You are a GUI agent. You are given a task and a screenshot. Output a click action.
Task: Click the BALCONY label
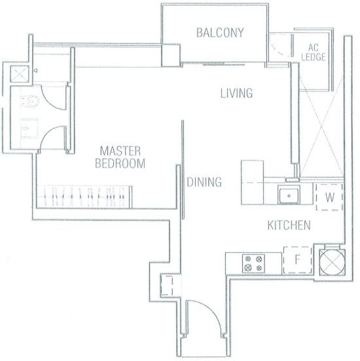220,33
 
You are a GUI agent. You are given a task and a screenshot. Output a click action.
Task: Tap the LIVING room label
236,93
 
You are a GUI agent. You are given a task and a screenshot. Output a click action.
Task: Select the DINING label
204,182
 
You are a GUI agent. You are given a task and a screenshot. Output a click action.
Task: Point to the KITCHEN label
289,225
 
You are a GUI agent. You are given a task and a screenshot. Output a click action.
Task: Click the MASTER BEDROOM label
120,157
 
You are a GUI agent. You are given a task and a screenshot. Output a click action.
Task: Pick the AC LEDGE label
314,52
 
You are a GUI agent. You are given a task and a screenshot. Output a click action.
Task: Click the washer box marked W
330,197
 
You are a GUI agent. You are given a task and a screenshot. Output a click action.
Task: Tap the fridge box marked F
297,260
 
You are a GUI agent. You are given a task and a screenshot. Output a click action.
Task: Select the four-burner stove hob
253,263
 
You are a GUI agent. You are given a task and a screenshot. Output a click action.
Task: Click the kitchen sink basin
289,195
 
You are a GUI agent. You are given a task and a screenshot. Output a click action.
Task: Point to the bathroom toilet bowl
30,101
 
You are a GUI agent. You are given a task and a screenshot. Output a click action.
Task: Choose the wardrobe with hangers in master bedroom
84,197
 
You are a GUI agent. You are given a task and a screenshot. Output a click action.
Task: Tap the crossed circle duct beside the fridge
332,262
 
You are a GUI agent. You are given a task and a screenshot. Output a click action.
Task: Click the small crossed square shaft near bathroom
20,74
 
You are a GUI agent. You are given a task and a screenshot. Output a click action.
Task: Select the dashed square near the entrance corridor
166,285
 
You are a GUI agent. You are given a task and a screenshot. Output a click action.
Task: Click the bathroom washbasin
29,128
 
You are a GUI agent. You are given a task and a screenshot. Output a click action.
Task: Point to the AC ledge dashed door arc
279,50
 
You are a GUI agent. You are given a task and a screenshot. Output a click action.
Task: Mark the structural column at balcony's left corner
171,56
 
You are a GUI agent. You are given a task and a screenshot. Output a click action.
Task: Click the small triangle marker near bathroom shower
35,71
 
